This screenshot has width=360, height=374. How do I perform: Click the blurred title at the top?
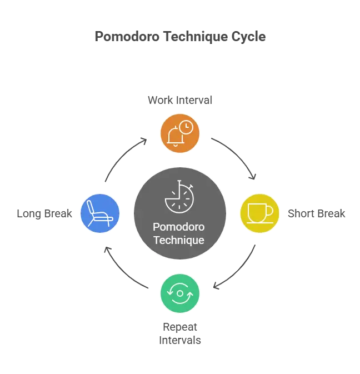click(x=180, y=38)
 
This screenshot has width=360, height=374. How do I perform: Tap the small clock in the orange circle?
click(x=187, y=128)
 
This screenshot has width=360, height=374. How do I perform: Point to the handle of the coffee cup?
click(x=270, y=211)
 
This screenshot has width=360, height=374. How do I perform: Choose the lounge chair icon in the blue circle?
click(x=101, y=213)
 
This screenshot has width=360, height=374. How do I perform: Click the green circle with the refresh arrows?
click(x=180, y=292)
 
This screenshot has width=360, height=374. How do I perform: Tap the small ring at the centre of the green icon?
click(x=180, y=292)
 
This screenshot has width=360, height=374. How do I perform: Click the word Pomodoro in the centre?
click(x=179, y=228)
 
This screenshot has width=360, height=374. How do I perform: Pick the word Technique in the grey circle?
click(x=179, y=240)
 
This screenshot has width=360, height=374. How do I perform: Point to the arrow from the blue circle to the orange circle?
click(x=123, y=157)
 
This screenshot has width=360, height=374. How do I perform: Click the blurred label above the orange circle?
click(x=180, y=101)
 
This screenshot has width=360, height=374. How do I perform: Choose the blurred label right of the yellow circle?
click(x=316, y=213)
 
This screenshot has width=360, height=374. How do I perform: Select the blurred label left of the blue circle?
click(x=43, y=213)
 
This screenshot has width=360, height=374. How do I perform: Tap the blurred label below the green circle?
click(x=180, y=333)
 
